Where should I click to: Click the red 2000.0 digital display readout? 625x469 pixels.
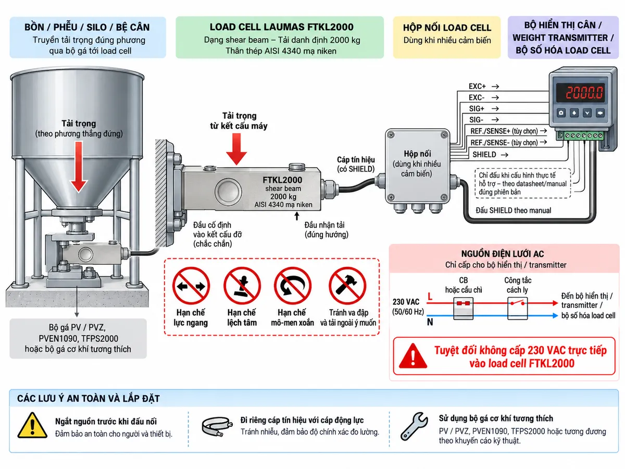pyautogui.click(x=584, y=93)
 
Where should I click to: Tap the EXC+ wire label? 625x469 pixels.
pyautogui.click(x=477, y=87)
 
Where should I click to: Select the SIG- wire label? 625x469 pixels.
pyautogui.click(x=476, y=120)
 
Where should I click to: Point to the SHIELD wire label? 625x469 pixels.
pyautogui.click(x=484, y=155)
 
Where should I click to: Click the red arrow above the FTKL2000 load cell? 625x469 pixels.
pyautogui.click(x=236, y=149)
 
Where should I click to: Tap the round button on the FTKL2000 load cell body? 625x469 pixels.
pyautogui.click(x=228, y=191)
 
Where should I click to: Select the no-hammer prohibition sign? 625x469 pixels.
pyautogui.click(x=347, y=286)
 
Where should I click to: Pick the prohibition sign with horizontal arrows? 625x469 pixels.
pyautogui.click(x=191, y=286)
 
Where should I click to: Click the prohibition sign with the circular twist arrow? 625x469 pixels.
pyautogui.click(x=292, y=286)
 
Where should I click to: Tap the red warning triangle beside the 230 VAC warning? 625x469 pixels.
pyautogui.click(x=413, y=356)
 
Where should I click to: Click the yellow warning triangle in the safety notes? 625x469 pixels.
pyautogui.click(x=32, y=425)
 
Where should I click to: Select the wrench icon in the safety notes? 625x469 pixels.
pyautogui.click(x=414, y=426)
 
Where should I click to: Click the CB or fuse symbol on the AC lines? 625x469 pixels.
pyautogui.click(x=463, y=308)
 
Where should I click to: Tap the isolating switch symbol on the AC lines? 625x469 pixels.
pyautogui.click(x=517, y=308)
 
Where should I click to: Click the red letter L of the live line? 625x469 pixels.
pyautogui.click(x=430, y=297)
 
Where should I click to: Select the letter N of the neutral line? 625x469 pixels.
pyautogui.click(x=430, y=322)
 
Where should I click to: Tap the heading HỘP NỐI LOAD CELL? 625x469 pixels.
pyautogui.click(x=447, y=28)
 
